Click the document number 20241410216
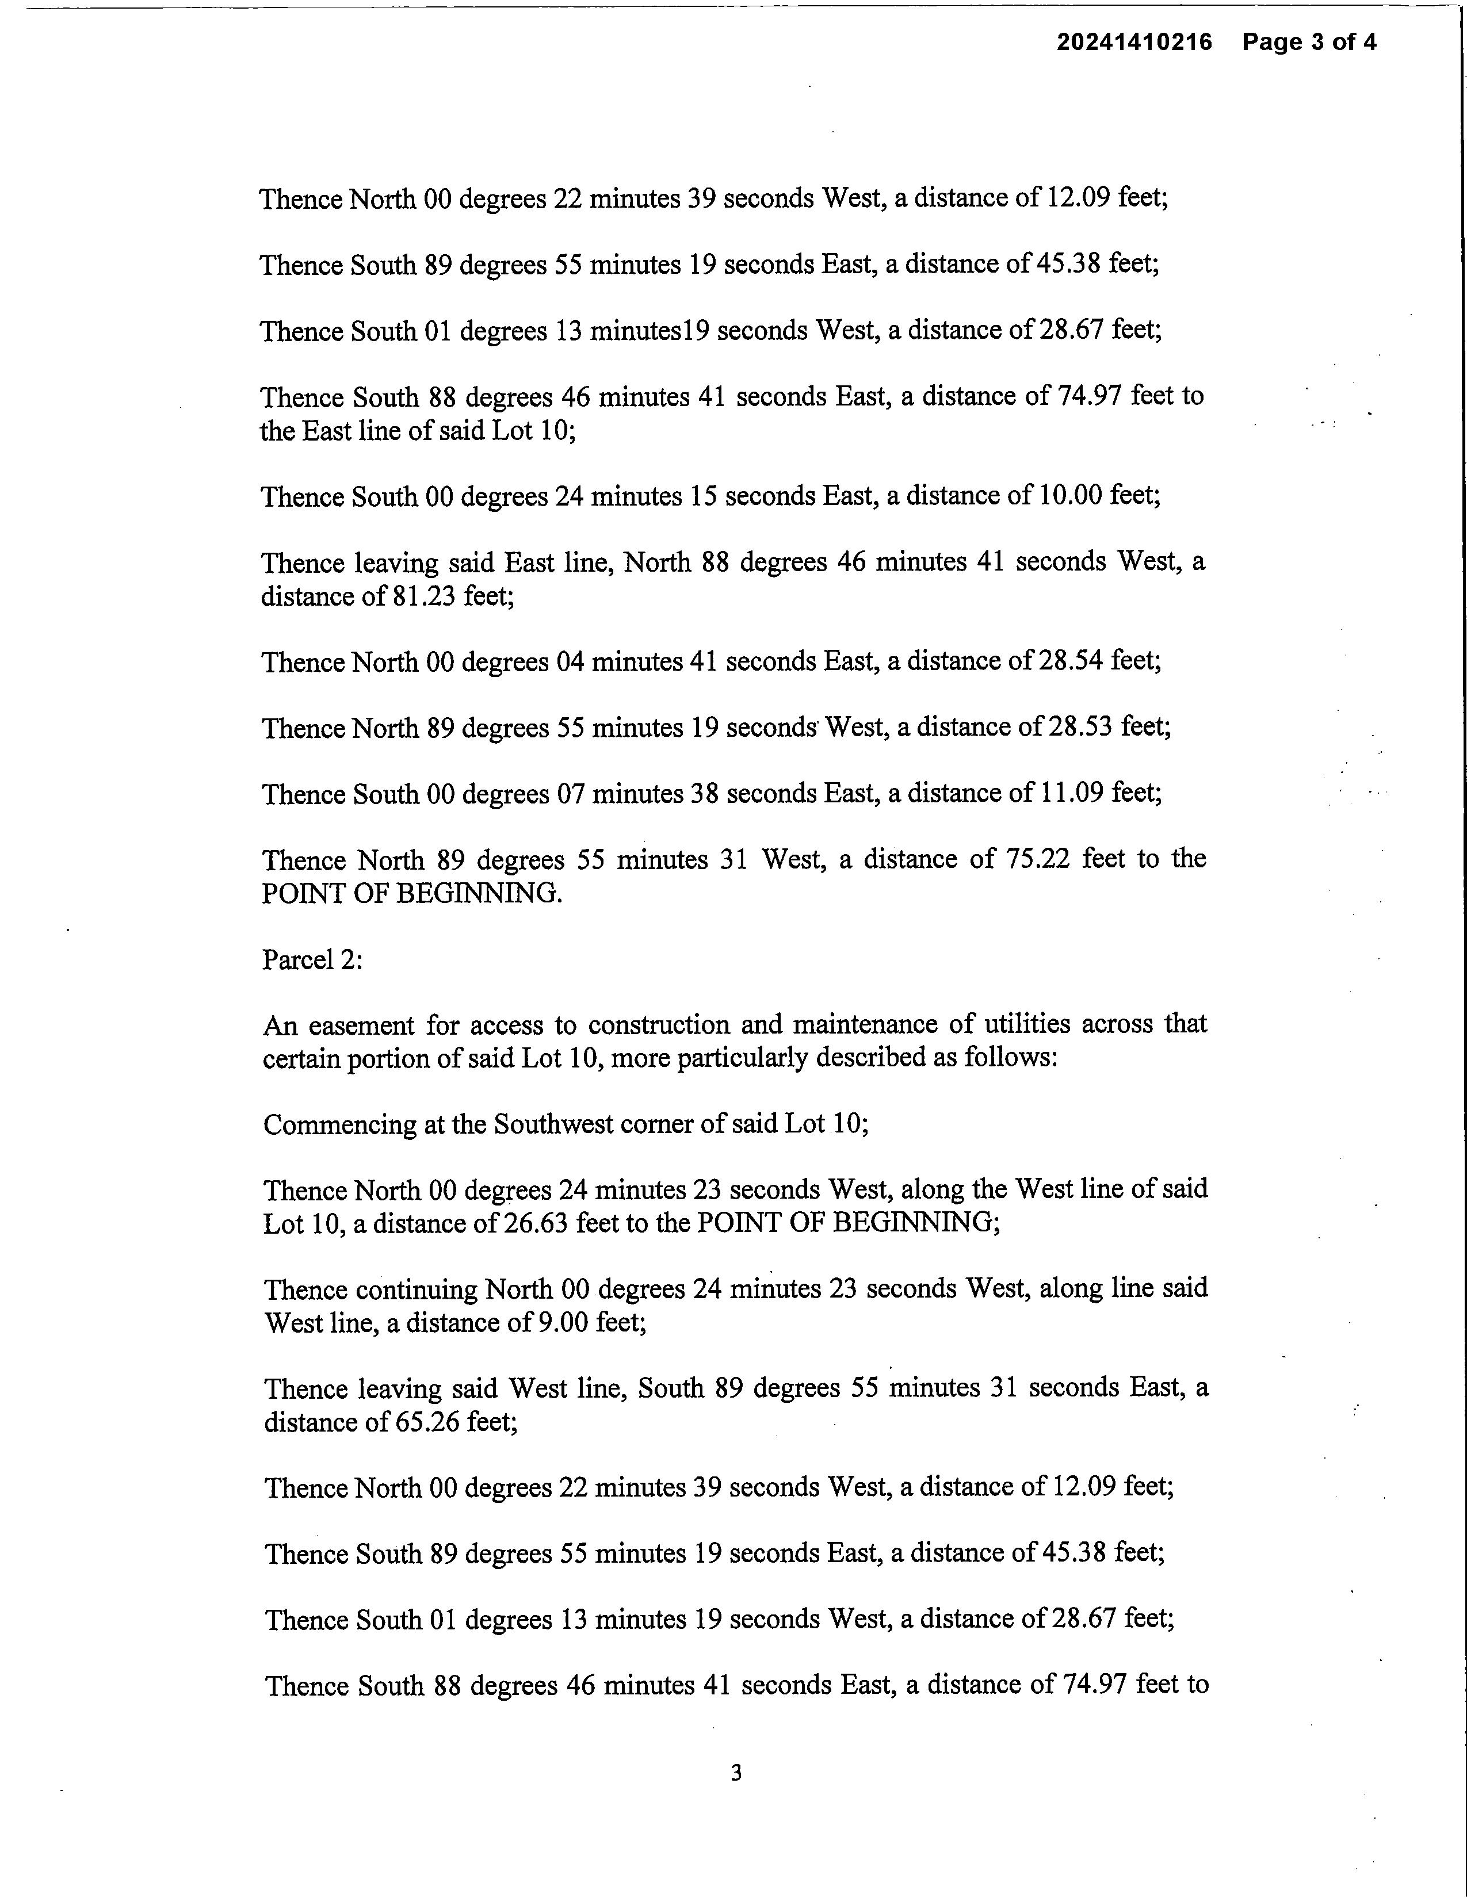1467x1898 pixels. coord(1133,42)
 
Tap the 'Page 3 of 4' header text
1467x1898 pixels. coord(1309,42)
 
